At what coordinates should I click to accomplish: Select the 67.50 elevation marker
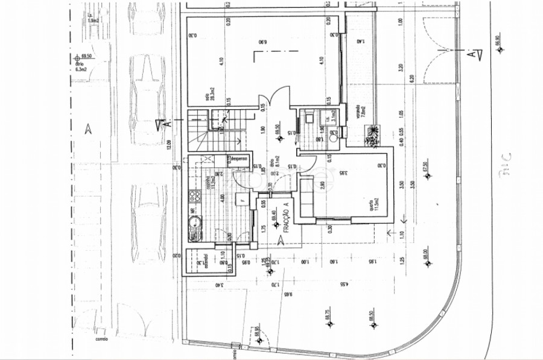pyautogui.click(x=425, y=168)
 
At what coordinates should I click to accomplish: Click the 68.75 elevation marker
pyautogui.click(x=329, y=315)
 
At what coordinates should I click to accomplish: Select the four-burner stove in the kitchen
pyautogui.click(x=194, y=195)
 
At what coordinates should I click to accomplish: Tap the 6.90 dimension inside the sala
pyautogui.click(x=262, y=42)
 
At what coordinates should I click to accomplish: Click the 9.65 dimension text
pyautogui.click(x=290, y=295)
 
